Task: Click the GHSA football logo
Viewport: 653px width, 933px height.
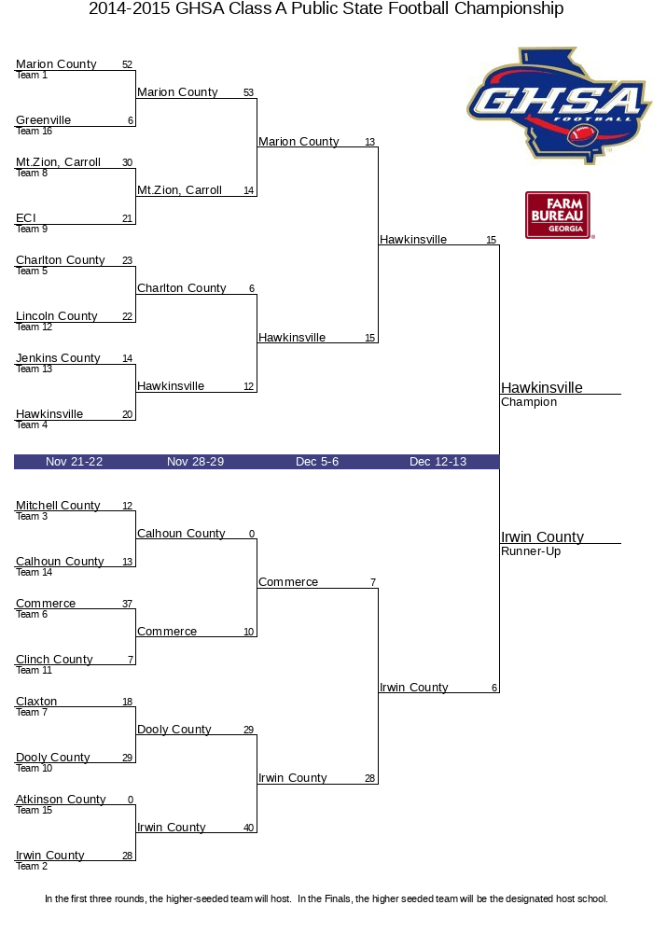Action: click(558, 104)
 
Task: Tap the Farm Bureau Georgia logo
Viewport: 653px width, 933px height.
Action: click(558, 216)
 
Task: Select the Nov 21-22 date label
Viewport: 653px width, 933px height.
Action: click(75, 462)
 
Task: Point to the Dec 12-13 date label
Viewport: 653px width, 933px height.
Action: click(438, 462)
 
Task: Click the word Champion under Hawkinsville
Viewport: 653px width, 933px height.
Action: click(529, 402)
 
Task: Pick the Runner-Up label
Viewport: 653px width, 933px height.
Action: click(531, 551)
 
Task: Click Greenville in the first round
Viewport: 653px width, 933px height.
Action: click(43, 120)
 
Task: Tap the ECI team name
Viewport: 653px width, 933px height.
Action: click(25, 218)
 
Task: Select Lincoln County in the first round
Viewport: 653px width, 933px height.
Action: click(56, 316)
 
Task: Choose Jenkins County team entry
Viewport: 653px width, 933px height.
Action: click(58, 358)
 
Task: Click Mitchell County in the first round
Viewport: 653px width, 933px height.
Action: click(58, 506)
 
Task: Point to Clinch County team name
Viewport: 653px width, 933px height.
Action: click(54, 660)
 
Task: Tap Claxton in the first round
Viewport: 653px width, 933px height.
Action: click(36, 702)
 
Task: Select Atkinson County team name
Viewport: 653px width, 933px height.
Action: click(61, 800)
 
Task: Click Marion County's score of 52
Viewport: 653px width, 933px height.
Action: click(127, 65)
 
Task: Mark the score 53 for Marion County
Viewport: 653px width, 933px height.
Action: click(248, 93)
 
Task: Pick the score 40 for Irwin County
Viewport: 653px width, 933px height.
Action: click(248, 829)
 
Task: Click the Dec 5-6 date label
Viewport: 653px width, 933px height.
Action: click(317, 462)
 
